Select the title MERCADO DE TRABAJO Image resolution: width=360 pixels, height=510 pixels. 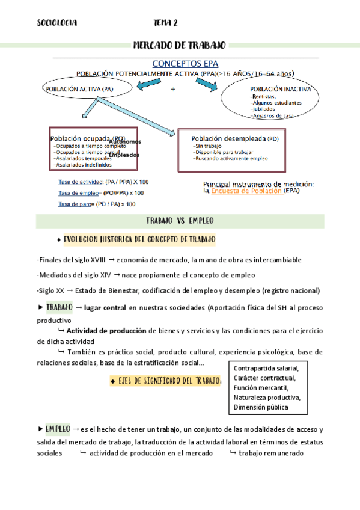pos(179,46)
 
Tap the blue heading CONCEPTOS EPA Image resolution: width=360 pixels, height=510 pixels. pos(185,63)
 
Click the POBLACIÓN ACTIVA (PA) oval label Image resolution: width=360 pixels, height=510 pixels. pos(79,89)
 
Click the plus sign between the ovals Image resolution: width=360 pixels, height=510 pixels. pos(173,89)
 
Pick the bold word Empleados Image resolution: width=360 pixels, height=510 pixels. pos(124,155)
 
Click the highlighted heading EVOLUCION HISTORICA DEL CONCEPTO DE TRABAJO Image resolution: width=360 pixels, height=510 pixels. pos(147,239)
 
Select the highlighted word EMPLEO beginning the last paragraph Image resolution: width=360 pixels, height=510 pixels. pos(58,429)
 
